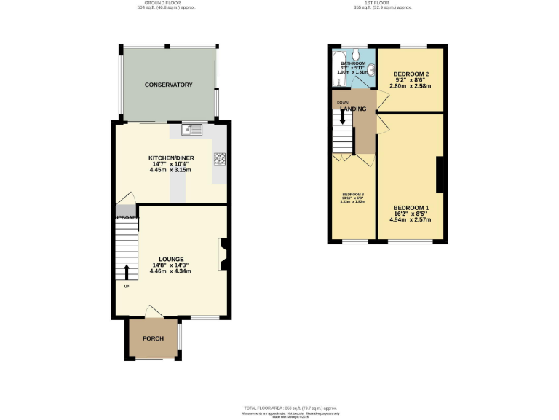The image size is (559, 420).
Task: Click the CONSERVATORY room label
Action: [168, 85]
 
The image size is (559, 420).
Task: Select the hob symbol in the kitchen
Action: [218, 158]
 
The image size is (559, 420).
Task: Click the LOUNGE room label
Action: [170, 260]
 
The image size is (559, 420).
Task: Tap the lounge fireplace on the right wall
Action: [223, 255]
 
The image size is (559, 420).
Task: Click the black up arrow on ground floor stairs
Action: [127, 272]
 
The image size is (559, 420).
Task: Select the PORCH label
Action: [153, 338]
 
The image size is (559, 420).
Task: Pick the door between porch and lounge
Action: [154, 312]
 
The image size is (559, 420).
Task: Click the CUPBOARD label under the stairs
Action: [125, 217]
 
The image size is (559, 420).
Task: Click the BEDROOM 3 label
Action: [353, 194]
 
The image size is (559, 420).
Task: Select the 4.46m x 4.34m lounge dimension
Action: [170, 271]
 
